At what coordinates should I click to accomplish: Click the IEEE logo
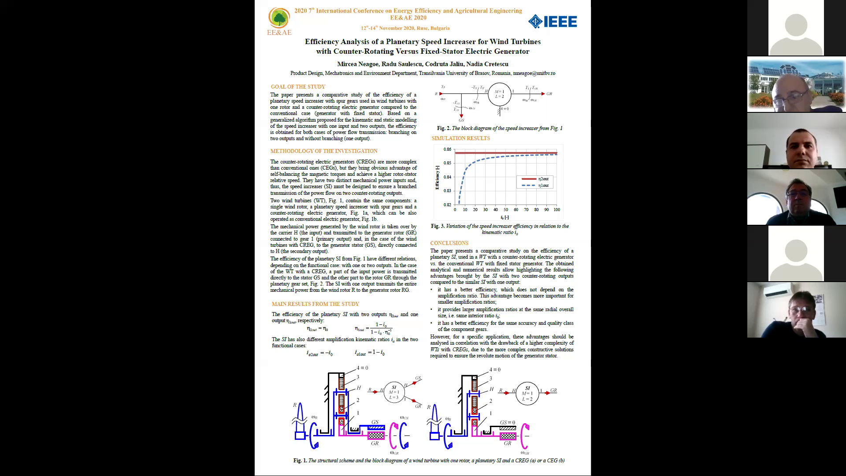[553, 22]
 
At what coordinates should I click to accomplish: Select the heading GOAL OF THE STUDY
[298, 87]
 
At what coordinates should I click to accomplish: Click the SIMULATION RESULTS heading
[460, 138]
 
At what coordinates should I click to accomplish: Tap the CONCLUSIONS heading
[449, 243]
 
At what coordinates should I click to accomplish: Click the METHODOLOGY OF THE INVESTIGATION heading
[324, 151]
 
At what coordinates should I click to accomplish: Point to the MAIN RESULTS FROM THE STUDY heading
[315, 304]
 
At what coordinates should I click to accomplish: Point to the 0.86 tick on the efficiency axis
[447, 149]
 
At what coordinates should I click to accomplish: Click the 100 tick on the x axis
[557, 210]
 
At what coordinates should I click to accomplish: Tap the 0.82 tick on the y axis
[447, 205]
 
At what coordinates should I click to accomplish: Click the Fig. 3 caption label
[438, 226]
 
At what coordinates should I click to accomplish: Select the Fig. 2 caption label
[443, 128]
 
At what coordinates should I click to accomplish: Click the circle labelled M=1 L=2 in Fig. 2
[499, 94]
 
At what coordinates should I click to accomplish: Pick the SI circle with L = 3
[394, 392]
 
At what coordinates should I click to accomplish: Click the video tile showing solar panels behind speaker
[796, 84]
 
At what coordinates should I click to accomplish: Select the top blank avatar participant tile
[796, 28]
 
